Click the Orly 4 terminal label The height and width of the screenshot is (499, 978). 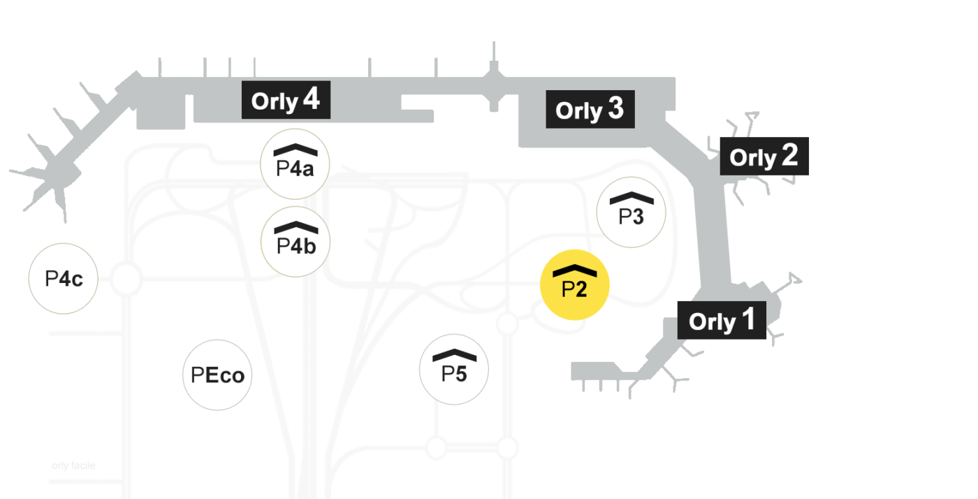click(x=286, y=100)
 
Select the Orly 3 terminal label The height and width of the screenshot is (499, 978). click(x=590, y=109)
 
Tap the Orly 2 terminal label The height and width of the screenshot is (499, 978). click(x=764, y=157)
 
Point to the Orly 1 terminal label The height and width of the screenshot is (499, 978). click(x=722, y=320)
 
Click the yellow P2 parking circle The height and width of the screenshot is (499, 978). click(x=574, y=285)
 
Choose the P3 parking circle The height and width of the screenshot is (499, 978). click(x=631, y=212)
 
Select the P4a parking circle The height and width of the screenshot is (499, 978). click(x=295, y=164)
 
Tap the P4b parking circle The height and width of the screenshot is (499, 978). click(x=295, y=242)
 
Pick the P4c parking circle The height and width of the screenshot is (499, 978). click(x=64, y=278)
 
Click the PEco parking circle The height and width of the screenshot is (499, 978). click(x=217, y=375)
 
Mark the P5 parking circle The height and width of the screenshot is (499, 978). click(x=454, y=370)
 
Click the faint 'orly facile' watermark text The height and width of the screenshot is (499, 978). click(x=73, y=465)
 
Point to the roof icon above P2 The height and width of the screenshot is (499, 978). click(x=574, y=270)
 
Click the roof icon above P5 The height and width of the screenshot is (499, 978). click(x=455, y=355)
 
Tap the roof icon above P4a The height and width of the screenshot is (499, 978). click(x=295, y=150)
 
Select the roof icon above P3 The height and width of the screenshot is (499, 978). click(x=632, y=198)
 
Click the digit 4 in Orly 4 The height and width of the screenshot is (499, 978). click(x=312, y=99)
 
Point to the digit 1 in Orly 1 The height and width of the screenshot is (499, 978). click(x=748, y=319)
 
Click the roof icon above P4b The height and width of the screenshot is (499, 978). click(x=296, y=227)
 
